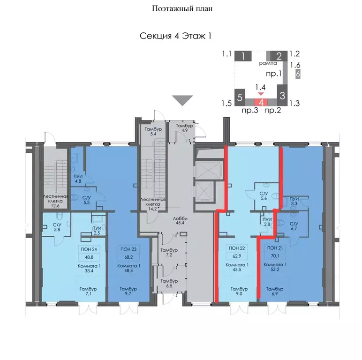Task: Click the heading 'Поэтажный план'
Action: tap(182, 9)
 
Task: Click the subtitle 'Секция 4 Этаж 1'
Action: tap(175, 36)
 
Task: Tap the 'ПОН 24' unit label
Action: tap(89, 249)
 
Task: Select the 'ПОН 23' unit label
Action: tap(128, 249)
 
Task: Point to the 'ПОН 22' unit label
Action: tap(237, 248)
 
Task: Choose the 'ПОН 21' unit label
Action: tap(275, 248)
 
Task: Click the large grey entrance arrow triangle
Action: tap(182, 100)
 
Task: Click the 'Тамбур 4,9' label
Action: tap(184, 128)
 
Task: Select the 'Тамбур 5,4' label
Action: tap(153, 131)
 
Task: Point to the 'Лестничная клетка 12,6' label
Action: tap(55, 201)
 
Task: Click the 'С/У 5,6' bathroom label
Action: tap(264, 195)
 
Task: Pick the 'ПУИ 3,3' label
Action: tap(294, 201)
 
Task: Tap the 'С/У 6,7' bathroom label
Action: tap(294, 226)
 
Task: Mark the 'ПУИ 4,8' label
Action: tap(78, 179)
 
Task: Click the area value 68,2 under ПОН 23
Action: tap(128, 257)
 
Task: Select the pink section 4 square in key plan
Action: tap(261, 102)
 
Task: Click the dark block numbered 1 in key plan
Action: tap(243, 56)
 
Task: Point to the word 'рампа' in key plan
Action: tap(268, 63)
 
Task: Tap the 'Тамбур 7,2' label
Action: tap(169, 253)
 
